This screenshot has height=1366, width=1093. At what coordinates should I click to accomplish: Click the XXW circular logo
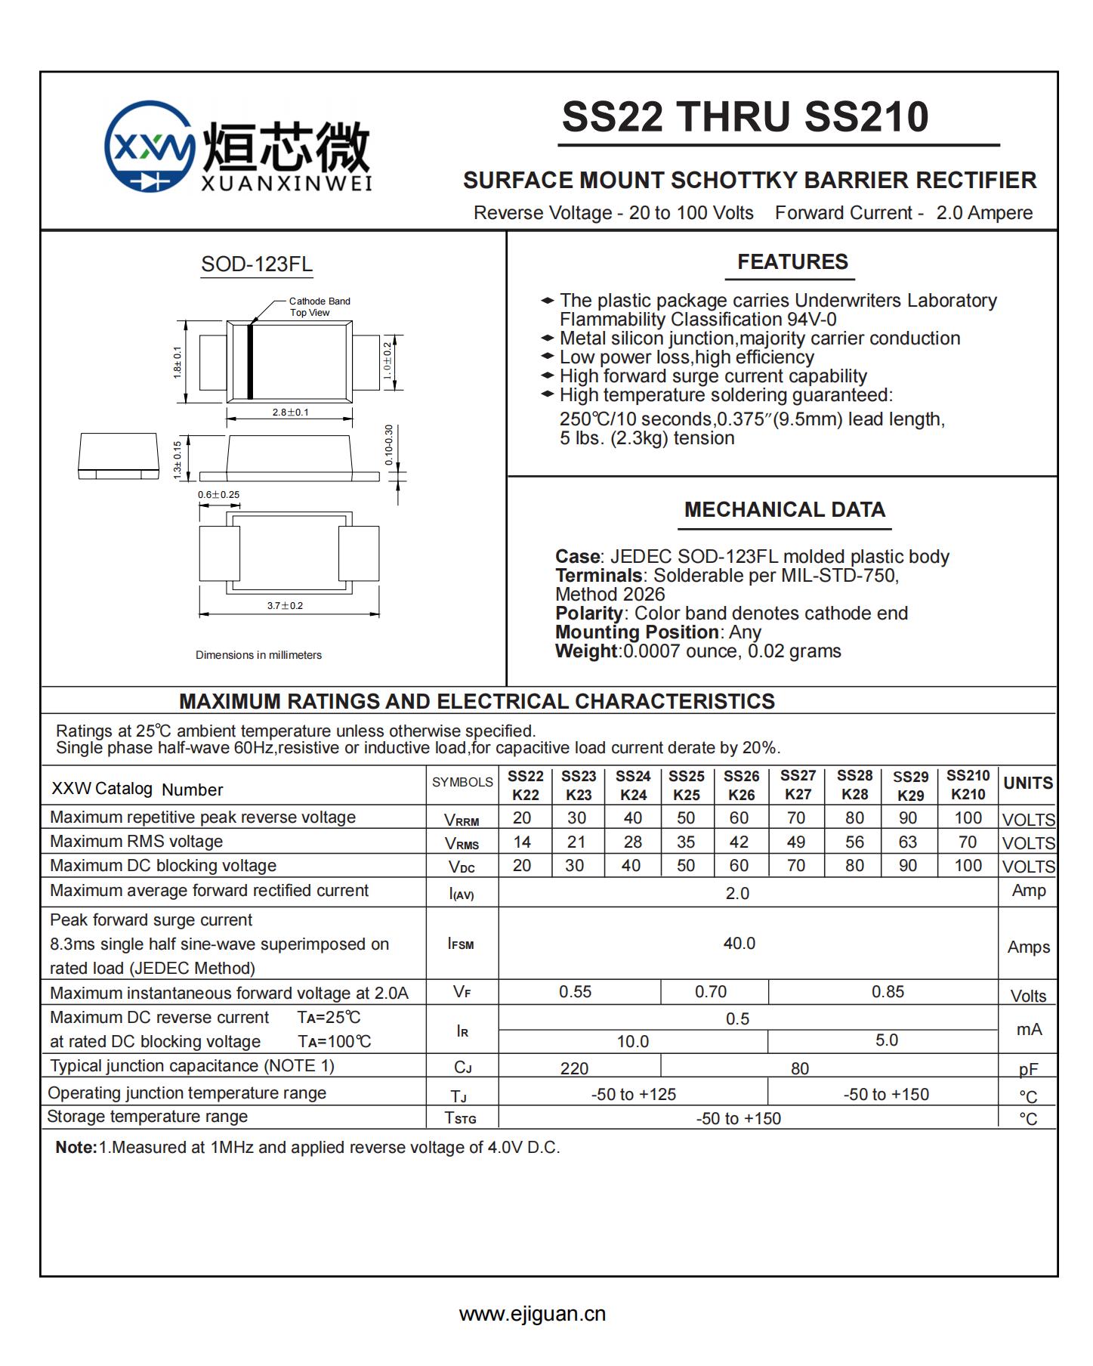coord(150,146)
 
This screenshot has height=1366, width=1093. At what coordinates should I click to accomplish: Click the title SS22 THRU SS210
coord(745,117)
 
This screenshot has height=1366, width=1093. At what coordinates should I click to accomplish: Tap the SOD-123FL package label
coord(257,264)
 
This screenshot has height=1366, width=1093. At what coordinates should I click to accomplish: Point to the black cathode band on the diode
coord(250,361)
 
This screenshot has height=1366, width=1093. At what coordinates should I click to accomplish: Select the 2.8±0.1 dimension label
coord(290,413)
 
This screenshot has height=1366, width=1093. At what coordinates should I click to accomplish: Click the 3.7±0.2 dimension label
coord(285,605)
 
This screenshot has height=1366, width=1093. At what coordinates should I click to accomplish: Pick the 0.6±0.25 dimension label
coord(218,495)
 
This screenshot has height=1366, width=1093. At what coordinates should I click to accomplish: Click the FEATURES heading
coord(792,262)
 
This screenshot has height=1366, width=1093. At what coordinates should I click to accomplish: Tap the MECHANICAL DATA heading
coord(784,509)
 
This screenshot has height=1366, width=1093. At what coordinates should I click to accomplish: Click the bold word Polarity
coord(588,613)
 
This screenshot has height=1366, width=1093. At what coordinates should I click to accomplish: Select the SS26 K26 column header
coord(741,785)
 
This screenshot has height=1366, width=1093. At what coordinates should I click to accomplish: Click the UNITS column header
coord(1027,783)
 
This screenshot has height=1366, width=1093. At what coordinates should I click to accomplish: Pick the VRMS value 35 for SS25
coord(686,842)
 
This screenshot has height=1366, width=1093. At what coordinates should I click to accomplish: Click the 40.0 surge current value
coord(739,943)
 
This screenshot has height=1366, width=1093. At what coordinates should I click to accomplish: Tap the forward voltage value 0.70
coord(711,991)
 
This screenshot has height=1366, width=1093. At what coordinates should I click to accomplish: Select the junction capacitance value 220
coord(574,1068)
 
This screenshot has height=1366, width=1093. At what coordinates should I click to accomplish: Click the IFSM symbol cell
coord(461,944)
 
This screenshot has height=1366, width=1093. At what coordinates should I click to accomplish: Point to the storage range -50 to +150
coord(738,1118)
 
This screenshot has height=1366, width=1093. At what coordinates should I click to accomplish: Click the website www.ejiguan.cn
coord(532,1314)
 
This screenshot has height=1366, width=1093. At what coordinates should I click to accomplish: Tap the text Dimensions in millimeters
coord(258,655)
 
